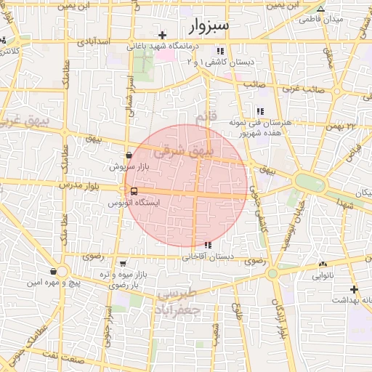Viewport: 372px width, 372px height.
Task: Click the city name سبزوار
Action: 209,27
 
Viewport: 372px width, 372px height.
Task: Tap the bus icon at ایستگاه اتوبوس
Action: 132,191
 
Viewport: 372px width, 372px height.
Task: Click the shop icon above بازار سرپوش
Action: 129,155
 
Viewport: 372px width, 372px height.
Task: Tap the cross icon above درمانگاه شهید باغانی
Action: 163,34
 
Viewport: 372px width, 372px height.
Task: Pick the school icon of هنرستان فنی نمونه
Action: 259,111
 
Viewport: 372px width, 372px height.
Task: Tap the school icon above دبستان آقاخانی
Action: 209,245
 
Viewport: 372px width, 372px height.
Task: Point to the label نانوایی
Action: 324,276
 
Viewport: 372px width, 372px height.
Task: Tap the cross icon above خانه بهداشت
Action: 354,288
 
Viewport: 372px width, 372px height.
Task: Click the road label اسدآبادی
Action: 92,42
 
